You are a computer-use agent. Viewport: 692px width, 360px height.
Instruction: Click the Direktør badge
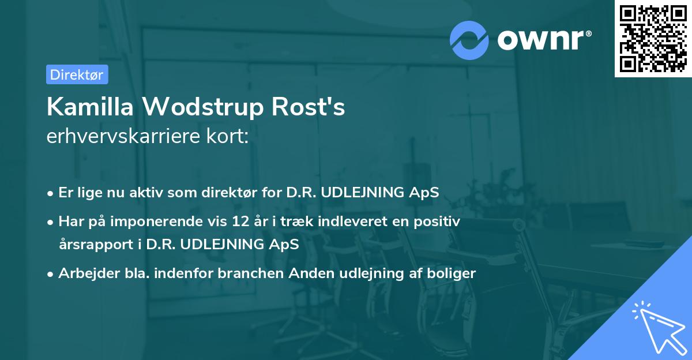[x=77, y=74]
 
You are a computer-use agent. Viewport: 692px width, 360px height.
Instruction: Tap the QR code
[x=653, y=38]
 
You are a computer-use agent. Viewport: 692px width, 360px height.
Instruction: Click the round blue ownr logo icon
[x=469, y=40]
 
